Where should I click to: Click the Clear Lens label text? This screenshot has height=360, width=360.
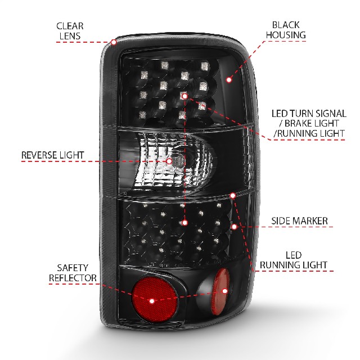coord(70,31)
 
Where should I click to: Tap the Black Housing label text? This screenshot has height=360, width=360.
coord(286,30)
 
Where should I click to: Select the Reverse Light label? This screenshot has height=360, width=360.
coord(52,155)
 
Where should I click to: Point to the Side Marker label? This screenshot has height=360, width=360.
coord(299,221)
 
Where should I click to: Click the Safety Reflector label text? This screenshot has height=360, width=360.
coord(73,273)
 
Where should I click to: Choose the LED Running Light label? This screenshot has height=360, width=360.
coord(294,260)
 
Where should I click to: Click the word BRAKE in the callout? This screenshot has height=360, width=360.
coord(298,124)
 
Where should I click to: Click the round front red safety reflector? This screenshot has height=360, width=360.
coord(155,299)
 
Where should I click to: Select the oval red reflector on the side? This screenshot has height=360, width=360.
coord(220,291)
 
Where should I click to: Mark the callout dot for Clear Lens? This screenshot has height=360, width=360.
coord(114,42)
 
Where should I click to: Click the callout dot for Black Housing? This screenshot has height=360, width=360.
coord(229,80)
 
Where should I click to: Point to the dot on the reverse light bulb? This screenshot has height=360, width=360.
coord(169,161)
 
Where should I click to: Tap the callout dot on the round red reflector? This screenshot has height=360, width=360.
coord(152,301)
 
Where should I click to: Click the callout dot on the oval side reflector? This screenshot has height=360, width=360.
coord(225,291)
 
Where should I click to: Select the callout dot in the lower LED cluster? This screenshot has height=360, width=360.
coord(185,223)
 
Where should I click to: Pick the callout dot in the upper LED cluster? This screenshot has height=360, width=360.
coord(184,96)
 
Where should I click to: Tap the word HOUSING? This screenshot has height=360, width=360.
coord(286,35)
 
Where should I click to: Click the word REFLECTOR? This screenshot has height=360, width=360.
coord(73,278)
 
